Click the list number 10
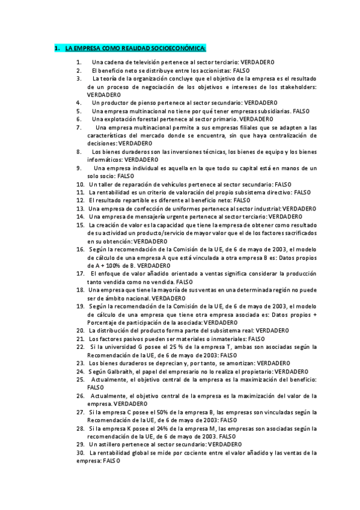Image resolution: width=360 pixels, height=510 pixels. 80,184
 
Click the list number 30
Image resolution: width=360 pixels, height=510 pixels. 80,452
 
